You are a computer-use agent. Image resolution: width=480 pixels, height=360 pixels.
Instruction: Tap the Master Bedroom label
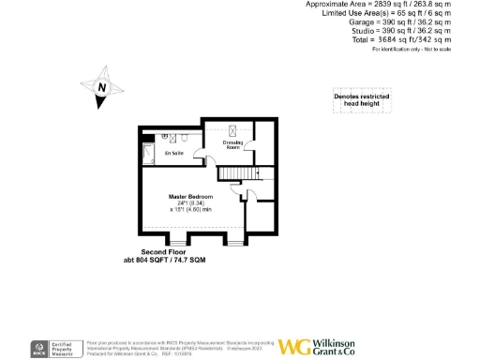click(x=190, y=196)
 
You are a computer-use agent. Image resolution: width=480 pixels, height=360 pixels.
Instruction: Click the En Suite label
click(x=174, y=152)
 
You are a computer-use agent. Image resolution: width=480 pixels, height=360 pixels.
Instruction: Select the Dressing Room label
click(x=232, y=145)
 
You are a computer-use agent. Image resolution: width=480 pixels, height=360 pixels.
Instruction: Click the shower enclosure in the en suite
click(x=150, y=152)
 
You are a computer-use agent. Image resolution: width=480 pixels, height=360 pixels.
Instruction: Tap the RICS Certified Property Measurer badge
click(x=55, y=347)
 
